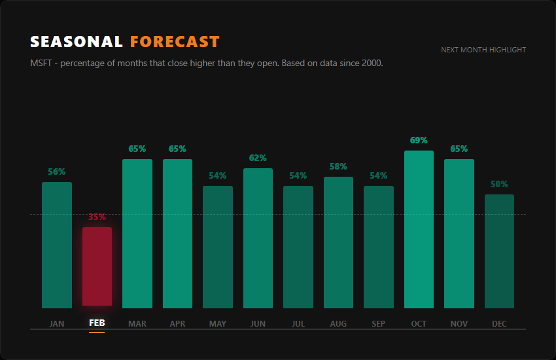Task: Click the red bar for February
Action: [97, 266]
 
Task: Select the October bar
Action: [419, 230]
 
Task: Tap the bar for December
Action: [499, 251]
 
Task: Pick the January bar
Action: [57, 245]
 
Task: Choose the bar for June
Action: [258, 238]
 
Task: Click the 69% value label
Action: [419, 140]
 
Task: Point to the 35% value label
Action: [97, 217]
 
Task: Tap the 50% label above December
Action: [499, 184]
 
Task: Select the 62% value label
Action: [258, 158]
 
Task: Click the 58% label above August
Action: [338, 166]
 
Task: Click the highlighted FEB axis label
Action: [97, 323]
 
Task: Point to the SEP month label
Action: [378, 323]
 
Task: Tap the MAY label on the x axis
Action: [218, 323]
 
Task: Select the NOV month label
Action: [459, 323]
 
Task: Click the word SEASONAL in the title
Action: [77, 42]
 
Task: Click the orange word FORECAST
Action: [175, 42]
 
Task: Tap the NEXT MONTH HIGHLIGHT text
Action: [483, 50]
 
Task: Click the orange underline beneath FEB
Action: [97, 333]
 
